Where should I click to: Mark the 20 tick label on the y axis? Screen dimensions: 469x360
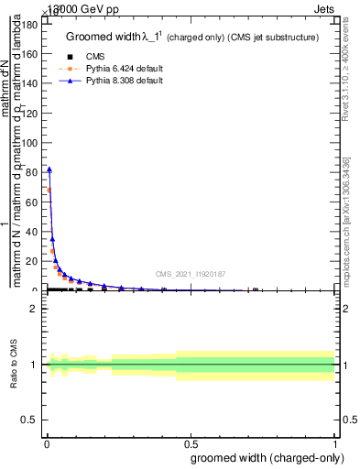pos(32,261)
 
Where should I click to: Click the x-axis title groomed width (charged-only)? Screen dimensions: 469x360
pos(267,458)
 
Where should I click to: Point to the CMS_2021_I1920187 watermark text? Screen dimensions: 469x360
pos(191,274)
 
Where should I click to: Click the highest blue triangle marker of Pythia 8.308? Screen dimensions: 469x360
pos(49,169)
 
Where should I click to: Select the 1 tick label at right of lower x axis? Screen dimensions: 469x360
pos(335,444)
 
